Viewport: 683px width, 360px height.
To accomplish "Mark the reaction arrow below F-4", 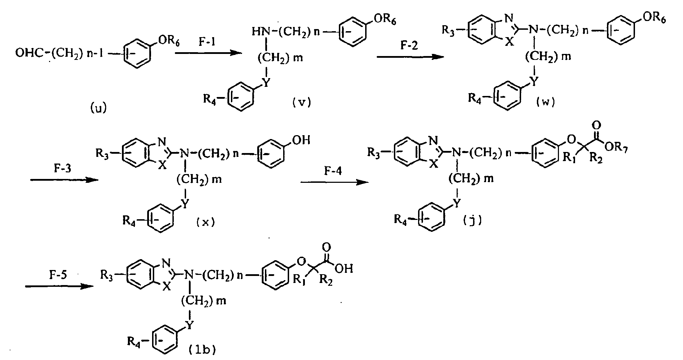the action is click(x=334, y=182).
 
